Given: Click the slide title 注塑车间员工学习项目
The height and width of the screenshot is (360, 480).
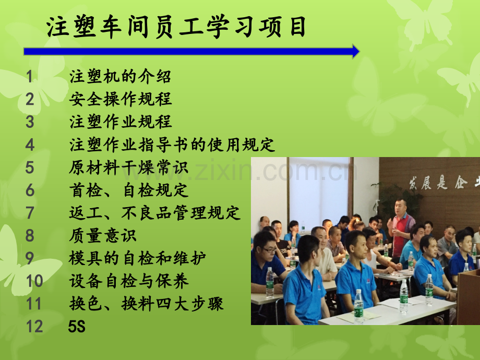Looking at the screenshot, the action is click(176, 27).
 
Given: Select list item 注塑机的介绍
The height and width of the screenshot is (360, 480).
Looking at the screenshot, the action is click(120, 76).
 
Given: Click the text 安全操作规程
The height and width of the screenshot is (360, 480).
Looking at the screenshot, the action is click(121, 99).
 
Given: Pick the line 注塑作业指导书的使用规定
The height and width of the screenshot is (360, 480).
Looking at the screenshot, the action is click(172, 145).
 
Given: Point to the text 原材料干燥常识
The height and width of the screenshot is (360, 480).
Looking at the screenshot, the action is click(128, 167).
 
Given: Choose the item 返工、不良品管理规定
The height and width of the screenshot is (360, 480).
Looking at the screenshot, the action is click(154, 213).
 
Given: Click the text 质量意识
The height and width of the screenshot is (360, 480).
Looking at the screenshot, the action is click(103, 235).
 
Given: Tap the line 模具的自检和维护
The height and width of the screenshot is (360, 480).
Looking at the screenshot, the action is click(137, 258).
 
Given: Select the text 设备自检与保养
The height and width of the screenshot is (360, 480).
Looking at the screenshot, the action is click(128, 281).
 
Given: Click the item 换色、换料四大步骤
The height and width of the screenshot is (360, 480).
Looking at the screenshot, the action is click(146, 304).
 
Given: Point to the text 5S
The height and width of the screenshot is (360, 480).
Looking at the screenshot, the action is click(77, 326).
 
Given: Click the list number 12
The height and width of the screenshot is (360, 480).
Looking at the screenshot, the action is click(34, 326).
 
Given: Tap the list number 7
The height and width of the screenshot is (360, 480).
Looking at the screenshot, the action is click(30, 213).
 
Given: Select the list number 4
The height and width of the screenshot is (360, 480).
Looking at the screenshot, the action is click(30, 145).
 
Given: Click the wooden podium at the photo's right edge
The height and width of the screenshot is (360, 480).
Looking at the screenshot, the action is click(469, 297).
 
